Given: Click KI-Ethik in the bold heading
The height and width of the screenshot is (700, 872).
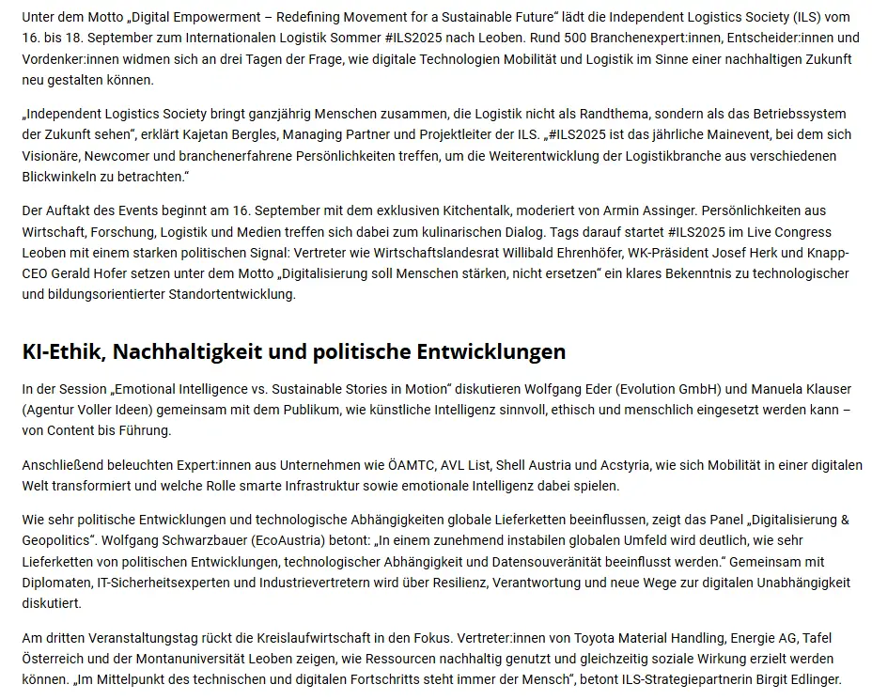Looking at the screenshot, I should (66, 351).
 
